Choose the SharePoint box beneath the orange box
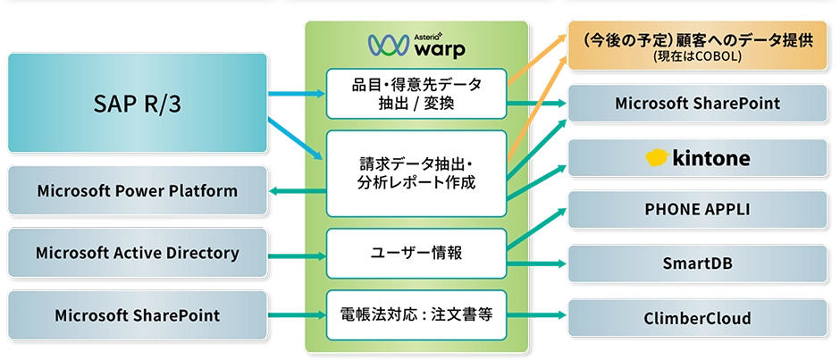(697, 104)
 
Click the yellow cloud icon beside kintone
(659, 158)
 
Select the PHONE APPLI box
(697, 210)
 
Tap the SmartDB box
(697, 264)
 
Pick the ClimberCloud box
(697, 318)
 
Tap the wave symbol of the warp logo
(382, 44)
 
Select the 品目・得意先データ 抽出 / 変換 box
(416, 94)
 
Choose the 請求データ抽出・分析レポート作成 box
(416, 173)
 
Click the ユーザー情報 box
(416, 253)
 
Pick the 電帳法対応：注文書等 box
(416, 314)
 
